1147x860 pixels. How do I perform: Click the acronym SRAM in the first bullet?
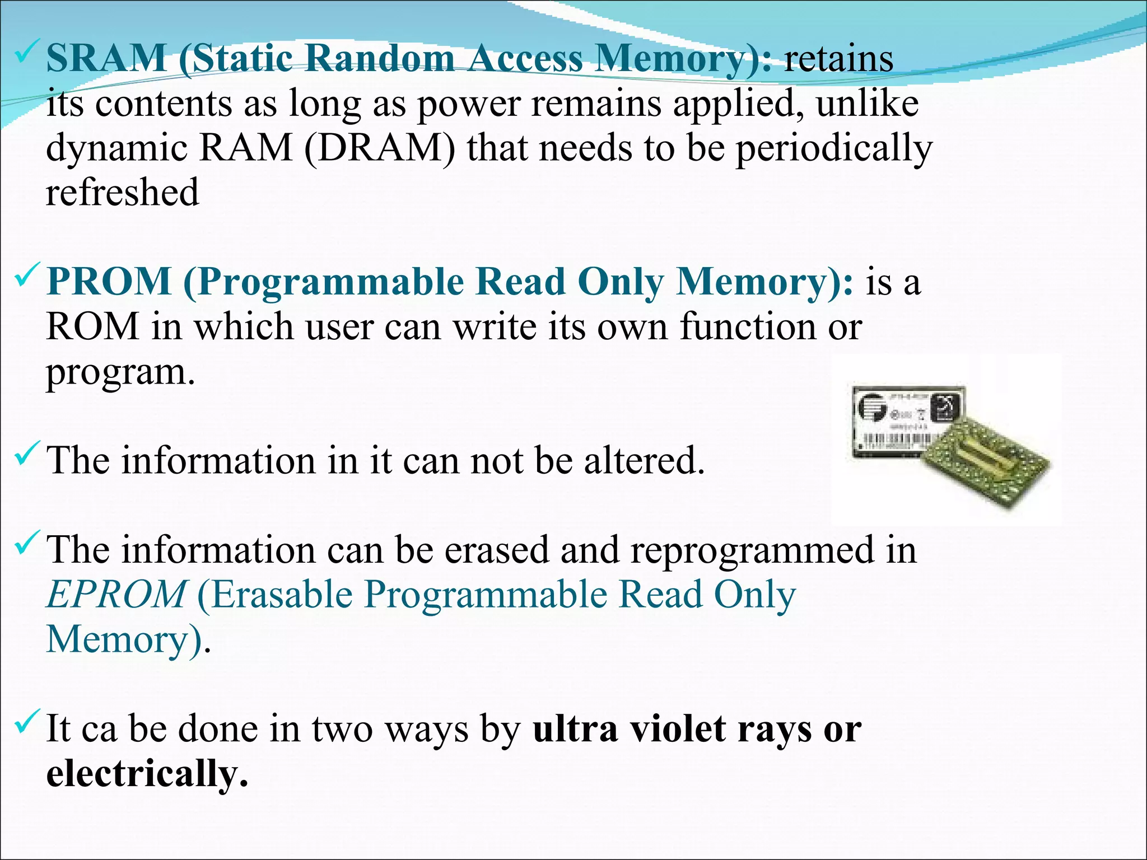(106, 58)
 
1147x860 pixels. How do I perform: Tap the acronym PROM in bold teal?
(109, 281)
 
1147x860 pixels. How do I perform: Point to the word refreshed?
(122, 192)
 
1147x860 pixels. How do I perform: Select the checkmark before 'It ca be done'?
(27, 722)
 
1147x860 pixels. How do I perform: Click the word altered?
(644, 460)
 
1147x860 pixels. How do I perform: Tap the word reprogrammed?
(752, 550)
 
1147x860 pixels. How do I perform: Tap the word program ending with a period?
(120, 372)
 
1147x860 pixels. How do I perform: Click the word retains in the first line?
(838, 58)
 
